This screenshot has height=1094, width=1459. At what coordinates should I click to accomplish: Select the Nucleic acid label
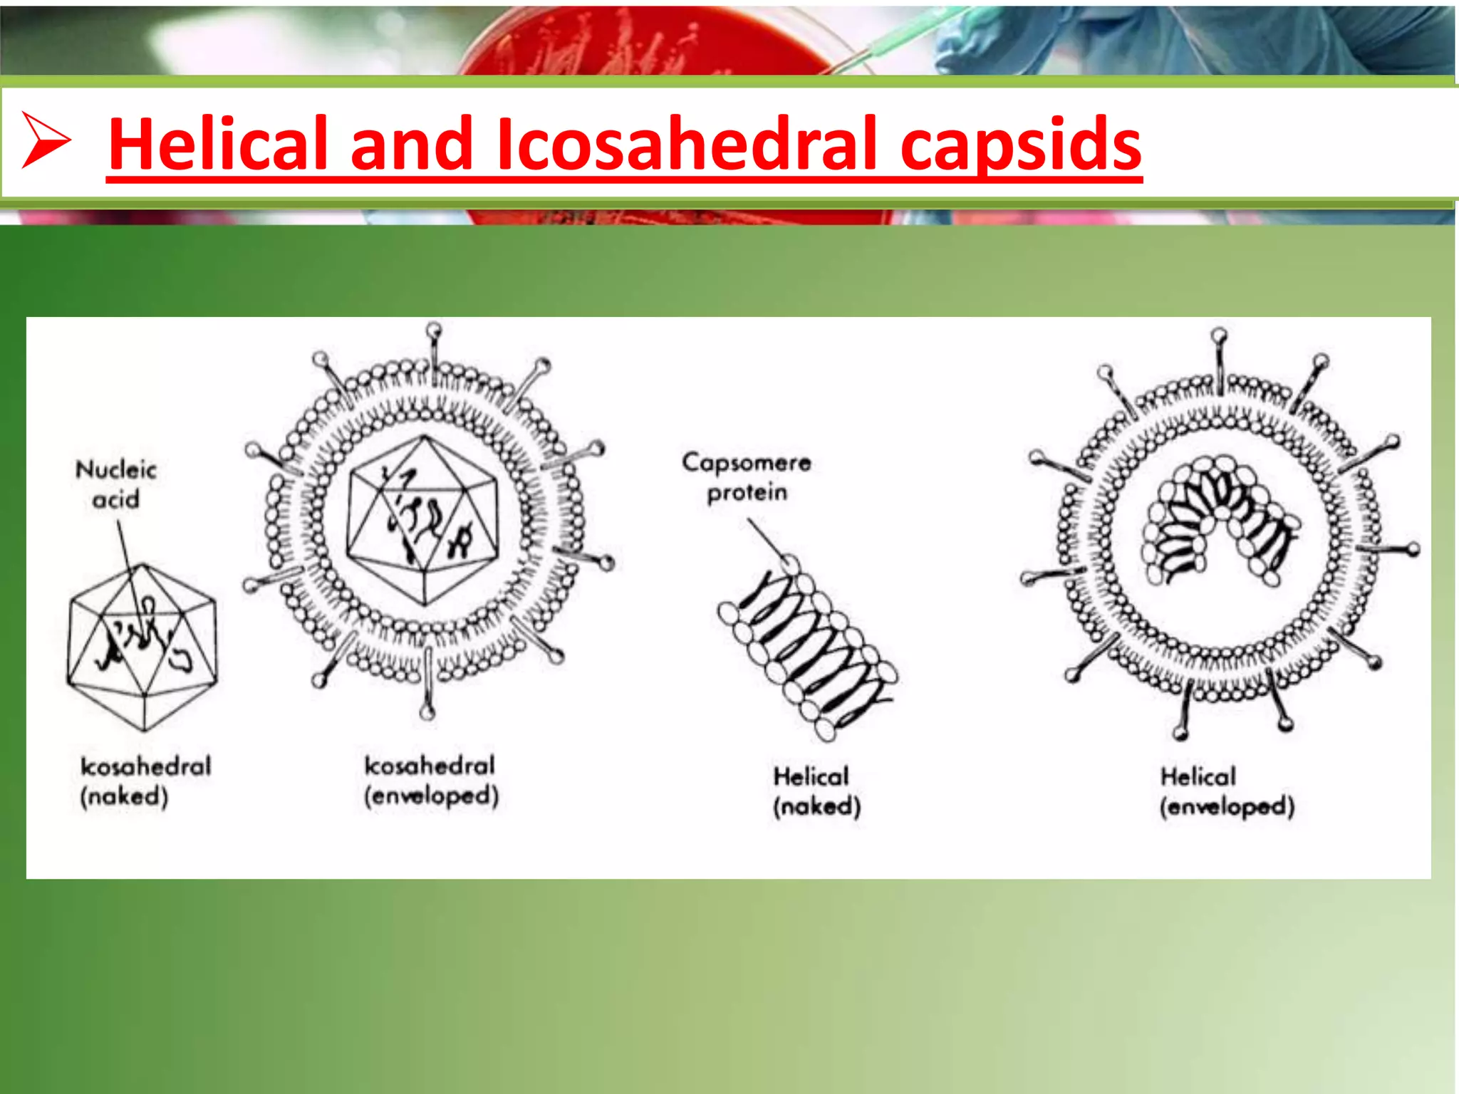(115, 484)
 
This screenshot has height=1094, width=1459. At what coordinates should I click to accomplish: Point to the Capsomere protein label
(746, 477)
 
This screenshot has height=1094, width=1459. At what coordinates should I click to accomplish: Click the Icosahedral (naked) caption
(145, 781)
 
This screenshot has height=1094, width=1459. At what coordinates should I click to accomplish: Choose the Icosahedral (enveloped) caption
(430, 781)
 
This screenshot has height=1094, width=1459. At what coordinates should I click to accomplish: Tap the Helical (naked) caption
(816, 791)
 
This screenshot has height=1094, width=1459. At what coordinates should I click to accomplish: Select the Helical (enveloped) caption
(1227, 791)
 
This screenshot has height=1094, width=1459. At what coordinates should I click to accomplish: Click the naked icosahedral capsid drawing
(142, 648)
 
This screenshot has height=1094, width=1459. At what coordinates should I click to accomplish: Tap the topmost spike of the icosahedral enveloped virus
(434, 345)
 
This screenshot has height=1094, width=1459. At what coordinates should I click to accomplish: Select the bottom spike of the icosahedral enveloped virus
(427, 687)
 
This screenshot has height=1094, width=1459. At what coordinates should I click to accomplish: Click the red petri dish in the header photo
(641, 43)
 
